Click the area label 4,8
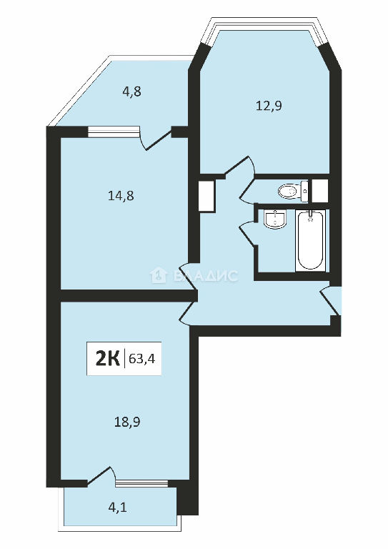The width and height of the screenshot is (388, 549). [x=131, y=91]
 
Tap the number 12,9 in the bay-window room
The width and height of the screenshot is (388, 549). [x=269, y=105]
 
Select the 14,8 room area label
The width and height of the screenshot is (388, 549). [x=121, y=196]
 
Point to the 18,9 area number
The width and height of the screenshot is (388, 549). [x=127, y=422]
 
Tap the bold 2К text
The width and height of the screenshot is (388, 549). [x=107, y=359]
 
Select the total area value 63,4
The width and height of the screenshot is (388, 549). [x=142, y=359]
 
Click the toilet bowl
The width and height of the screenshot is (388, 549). [x=293, y=191]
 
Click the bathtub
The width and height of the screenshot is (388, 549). [x=310, y=240]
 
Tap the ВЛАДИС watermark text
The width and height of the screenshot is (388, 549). [x=205, y=276]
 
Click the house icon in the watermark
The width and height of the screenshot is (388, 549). [x=158, y=275]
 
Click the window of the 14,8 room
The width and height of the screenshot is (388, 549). [x=113, y=132]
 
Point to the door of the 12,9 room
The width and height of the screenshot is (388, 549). [x=239, y=165]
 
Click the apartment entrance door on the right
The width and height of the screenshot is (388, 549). [x=330, y=301]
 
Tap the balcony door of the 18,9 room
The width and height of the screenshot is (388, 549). [x=101, y=476]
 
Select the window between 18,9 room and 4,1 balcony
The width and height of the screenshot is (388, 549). [x=141, y=484]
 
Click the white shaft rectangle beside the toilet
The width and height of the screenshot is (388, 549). [x=320, y=191]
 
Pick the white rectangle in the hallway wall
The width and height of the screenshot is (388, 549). [x=206, y=196]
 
